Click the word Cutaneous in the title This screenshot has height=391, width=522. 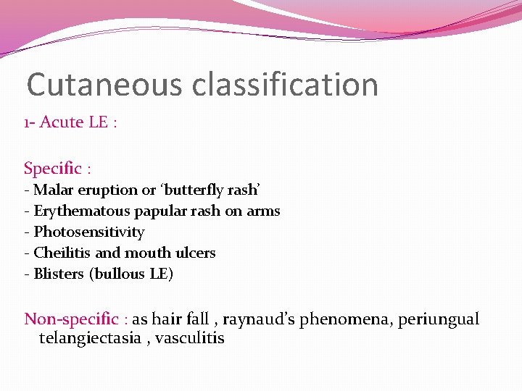(x=105, y=85)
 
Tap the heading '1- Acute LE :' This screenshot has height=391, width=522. (x=70, y=122)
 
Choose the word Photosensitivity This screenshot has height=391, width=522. (x=89, y=232)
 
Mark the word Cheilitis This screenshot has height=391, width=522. (x=60, y=253)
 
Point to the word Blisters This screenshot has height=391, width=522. (x=59, y=274)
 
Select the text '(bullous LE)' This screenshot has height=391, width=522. (x=131, y=274)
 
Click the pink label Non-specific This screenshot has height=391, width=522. (x=72, y=319)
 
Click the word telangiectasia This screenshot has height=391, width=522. (x=90, y=338)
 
